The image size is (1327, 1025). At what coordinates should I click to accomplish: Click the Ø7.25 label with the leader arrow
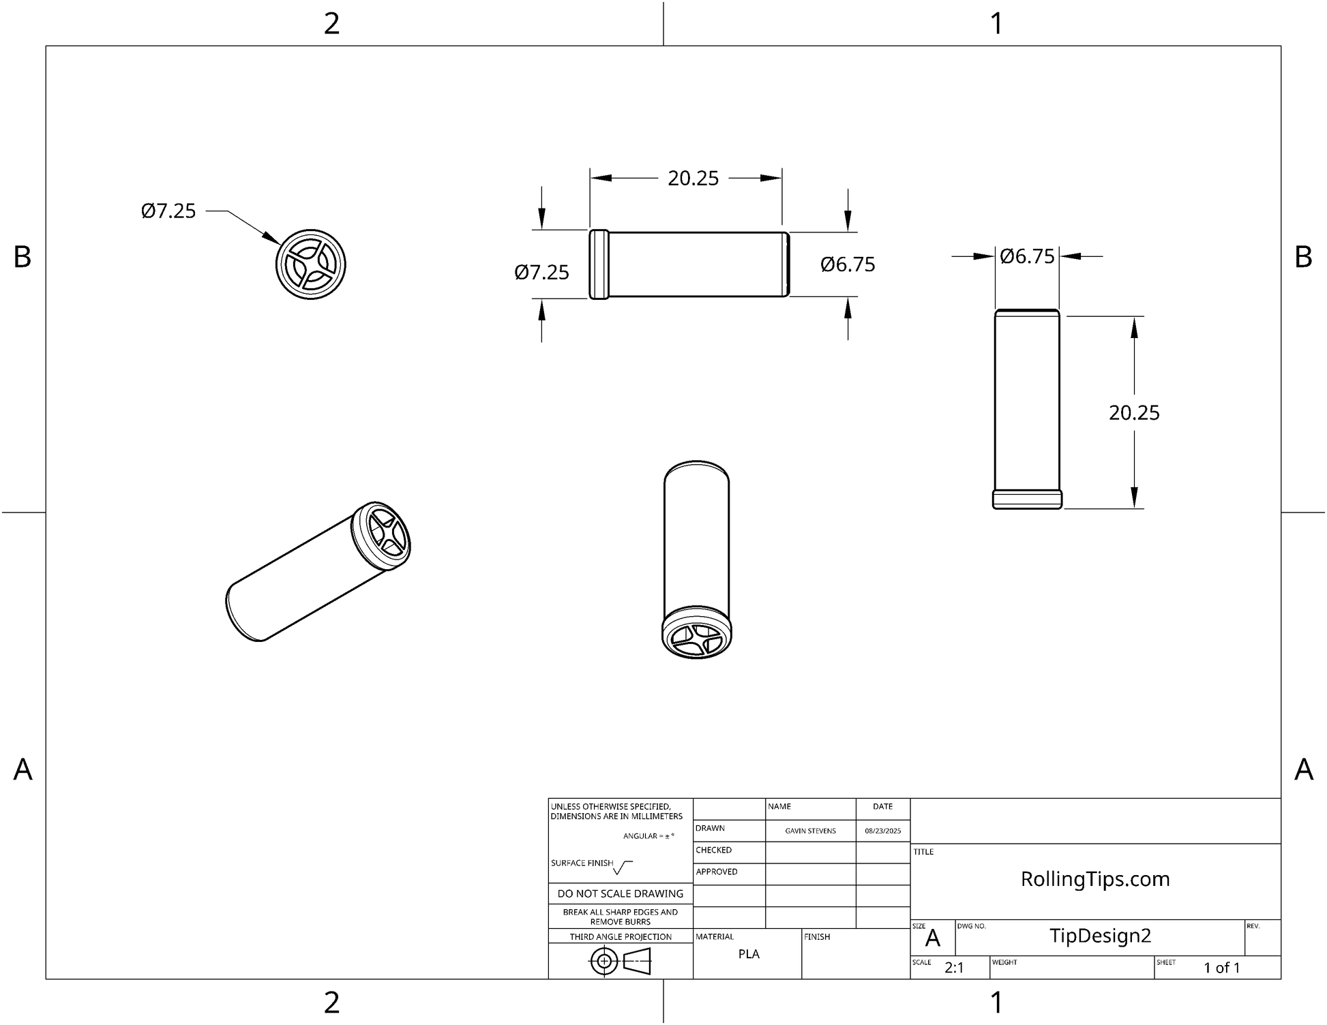click(168, 211)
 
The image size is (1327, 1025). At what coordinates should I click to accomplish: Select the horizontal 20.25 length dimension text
click(693, 179)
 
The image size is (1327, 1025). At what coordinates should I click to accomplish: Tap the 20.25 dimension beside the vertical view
click(1133, 413)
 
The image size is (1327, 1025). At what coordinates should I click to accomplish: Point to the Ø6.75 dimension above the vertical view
click(1027, 257)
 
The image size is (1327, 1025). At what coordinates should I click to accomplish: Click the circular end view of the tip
click(311, 264)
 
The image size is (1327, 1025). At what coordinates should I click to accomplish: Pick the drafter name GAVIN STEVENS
click(810, 831)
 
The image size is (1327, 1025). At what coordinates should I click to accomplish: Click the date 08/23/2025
click(882, 831)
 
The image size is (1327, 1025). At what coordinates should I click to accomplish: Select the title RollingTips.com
click(1094, 879)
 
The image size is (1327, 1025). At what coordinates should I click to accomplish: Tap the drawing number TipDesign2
click(1100, 936)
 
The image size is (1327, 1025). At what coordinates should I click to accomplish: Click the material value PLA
click(748, 954)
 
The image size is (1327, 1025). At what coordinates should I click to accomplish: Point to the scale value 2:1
click(954, 968)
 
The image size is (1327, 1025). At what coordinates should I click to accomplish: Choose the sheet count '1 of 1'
click(1221, 968)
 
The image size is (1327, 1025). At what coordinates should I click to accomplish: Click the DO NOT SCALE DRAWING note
click(620, 893)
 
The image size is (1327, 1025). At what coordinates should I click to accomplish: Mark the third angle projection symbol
click(620, 962)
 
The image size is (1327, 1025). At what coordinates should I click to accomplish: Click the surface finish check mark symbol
click(622, 868)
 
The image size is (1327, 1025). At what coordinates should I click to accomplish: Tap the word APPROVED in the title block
click(716, 872)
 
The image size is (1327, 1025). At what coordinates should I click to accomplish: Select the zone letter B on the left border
click(23, 257)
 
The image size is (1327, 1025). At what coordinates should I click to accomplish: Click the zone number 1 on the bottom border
click(996, 1003)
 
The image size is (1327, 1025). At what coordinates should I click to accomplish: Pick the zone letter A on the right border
click(1303, 769)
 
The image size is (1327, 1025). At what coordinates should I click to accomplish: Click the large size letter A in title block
click(932, 939)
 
